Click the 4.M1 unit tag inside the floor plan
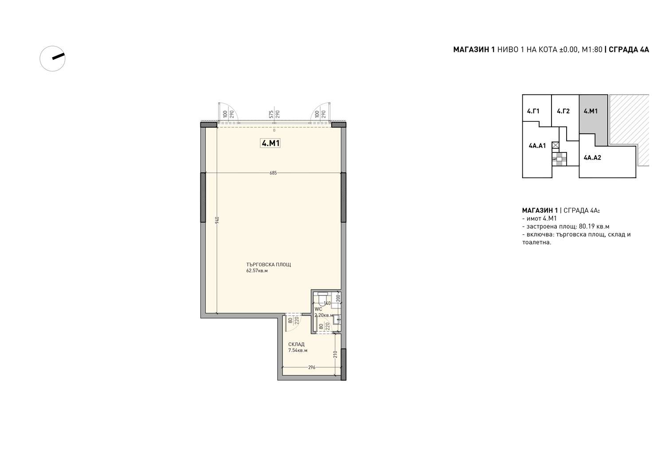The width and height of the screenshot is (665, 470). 270,144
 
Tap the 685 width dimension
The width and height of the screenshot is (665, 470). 273,173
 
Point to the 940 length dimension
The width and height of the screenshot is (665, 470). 217,220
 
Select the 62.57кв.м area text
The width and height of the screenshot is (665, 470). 257,271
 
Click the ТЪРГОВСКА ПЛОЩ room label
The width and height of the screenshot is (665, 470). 268,264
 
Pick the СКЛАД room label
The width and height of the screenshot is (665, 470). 296,344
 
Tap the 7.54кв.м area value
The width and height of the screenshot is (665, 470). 298,350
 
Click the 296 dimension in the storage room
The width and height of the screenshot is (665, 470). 311,367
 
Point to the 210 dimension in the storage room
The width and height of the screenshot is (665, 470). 335,354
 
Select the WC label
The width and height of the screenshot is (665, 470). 318,309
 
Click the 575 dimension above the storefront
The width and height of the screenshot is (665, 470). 271,114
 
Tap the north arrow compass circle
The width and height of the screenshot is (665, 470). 53,59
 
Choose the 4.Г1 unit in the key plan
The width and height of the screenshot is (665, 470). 533,111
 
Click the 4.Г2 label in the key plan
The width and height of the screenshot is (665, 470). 563,111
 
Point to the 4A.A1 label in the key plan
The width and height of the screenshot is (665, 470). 537,146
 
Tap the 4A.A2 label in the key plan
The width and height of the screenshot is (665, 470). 592,158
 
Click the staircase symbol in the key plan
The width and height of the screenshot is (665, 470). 559,159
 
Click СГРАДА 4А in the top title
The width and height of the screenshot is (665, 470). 629,50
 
